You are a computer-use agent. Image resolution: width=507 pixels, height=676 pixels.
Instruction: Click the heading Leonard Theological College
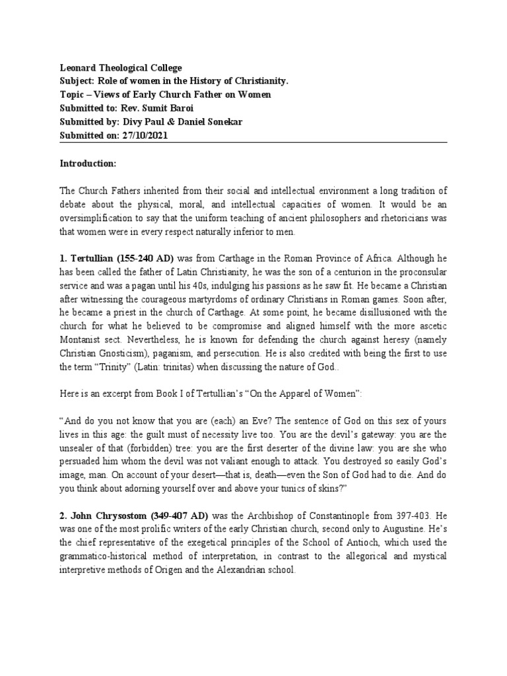coord(121,68)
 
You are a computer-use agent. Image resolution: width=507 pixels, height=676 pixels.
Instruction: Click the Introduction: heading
coord(88,162)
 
